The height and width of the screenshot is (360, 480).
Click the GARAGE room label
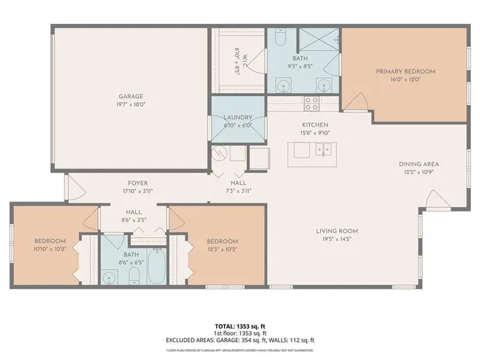click(130, 96)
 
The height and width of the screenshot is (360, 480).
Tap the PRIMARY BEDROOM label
click(405, 71)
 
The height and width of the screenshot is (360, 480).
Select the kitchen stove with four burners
click(312, 103)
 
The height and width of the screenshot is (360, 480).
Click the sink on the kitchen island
click(323, 150)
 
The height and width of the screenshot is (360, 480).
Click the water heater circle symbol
click(220, 154)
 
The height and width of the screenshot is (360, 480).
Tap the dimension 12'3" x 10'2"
click(223, 248)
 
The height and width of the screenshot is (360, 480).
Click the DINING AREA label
click(418, 163)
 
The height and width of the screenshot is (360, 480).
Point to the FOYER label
click(136, 182)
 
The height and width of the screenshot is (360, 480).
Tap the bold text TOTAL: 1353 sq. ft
click(240, 325)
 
